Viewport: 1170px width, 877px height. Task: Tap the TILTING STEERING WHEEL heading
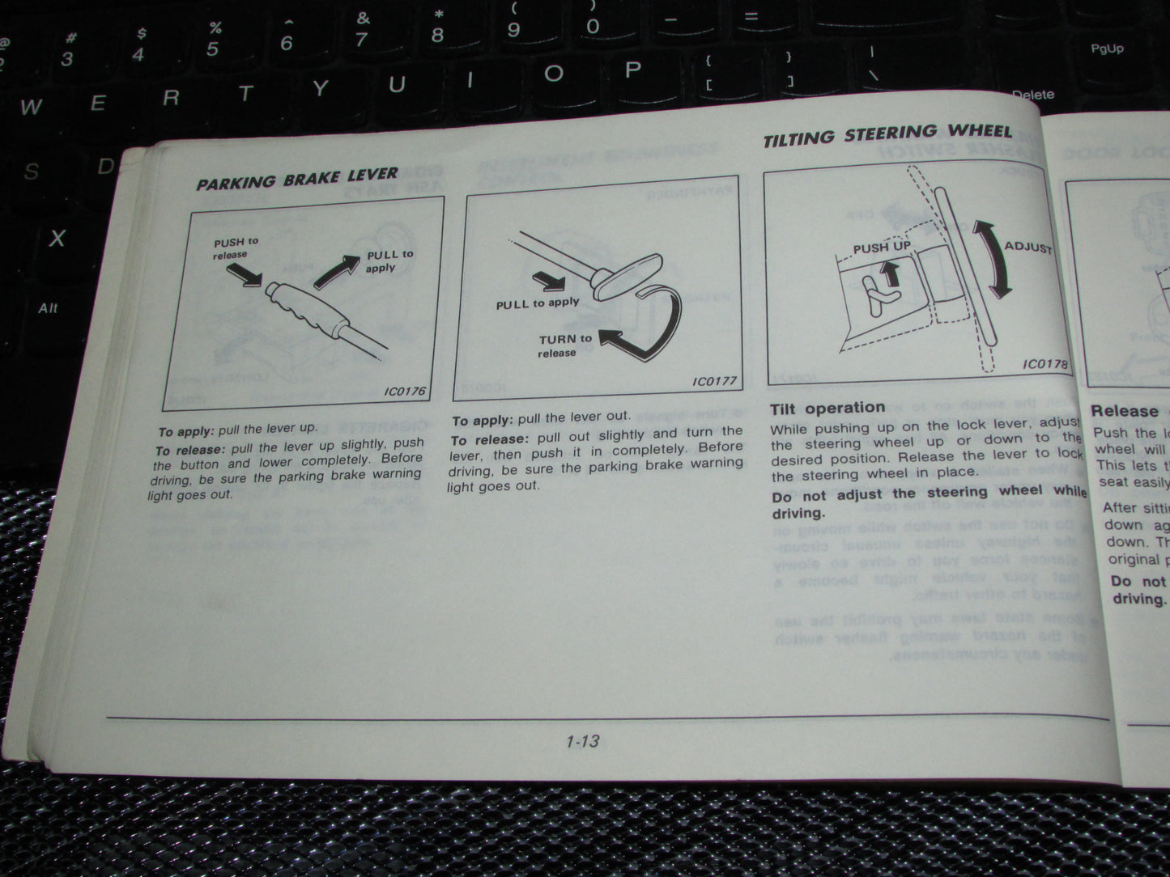(x=887, y=135)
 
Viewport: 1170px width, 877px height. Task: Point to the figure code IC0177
(x=713, y=381)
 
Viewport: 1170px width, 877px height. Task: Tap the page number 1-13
(x=582, y=741)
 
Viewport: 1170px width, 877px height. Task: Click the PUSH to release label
(x=235, y=248)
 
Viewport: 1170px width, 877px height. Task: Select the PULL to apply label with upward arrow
(x=389, y=261)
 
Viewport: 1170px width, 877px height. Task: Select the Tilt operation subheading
(x=827, y=408)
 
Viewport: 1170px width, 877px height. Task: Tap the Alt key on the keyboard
(x=48, y=308)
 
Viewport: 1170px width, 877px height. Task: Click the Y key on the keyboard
(x=321, y=89)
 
